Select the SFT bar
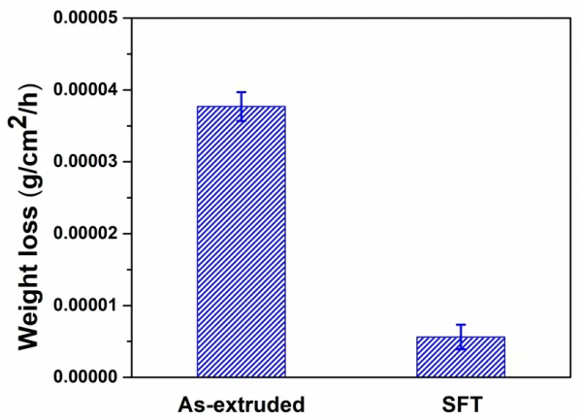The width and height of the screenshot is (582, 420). coord(461,356)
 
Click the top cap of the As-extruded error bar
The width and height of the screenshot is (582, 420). coord(242,92)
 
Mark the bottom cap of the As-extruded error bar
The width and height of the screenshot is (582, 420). coord(242,120)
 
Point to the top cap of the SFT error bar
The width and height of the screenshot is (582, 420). coord(461,325)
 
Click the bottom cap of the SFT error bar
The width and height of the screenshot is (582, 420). coord(461,348)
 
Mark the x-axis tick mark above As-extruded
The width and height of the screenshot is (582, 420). coord(242,372)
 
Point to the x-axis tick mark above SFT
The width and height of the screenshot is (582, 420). coord(461,372)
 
